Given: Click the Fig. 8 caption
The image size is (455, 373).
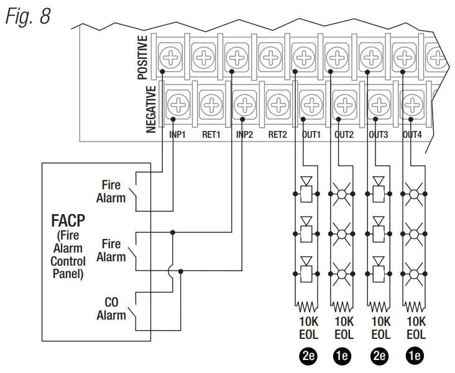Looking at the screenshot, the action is pyautogui.click(x=28, y=16).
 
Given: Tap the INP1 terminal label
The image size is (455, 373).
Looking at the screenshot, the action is pyautogui.click(x=177, y=135).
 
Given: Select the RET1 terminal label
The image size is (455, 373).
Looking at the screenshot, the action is pyautogui.click(x=211, y=135).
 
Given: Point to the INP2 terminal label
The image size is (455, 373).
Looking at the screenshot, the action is pyautogui.click(x=244, y=135).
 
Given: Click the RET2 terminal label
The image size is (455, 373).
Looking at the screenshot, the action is pyautogui.click(x=277, y=135).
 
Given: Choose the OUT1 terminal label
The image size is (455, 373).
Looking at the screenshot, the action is pyautogui.click(x=311, y=135).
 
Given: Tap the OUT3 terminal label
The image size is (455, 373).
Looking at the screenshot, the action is pyautogui.click(x=379, y=135).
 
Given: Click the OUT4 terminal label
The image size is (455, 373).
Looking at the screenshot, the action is pyautogui.click(x=412, y=135).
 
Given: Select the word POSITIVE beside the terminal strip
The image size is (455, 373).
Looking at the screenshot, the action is pyautogui.click(x=142, y=57).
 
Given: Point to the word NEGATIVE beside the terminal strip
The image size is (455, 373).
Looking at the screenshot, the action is pyautogui.click(x=151, y=109).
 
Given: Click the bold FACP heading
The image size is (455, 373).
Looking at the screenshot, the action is pyautogui.click(x=68, y=220).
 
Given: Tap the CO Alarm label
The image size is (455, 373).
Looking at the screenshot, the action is pyautogui.click(x=111, y=308).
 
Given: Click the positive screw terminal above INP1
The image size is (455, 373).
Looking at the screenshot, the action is pyautogui.click(x=170, y=57).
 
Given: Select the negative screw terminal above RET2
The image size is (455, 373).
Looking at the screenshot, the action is pyautogui.click(x=278, y=104).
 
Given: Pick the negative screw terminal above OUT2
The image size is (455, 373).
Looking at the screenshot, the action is pyautogui.click(x=345, y=104).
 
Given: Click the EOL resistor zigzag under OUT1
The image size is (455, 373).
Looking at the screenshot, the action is pyautogui.click(x=306, y=307).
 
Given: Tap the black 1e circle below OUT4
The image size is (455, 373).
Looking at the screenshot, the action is pyautogui.click(x=415, y=356).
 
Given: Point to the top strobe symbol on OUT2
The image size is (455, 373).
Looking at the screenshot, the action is pyautogui.click(x=342, y=194).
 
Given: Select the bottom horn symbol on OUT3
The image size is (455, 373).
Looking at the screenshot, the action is pyautogui.click(x=379, y=269).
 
